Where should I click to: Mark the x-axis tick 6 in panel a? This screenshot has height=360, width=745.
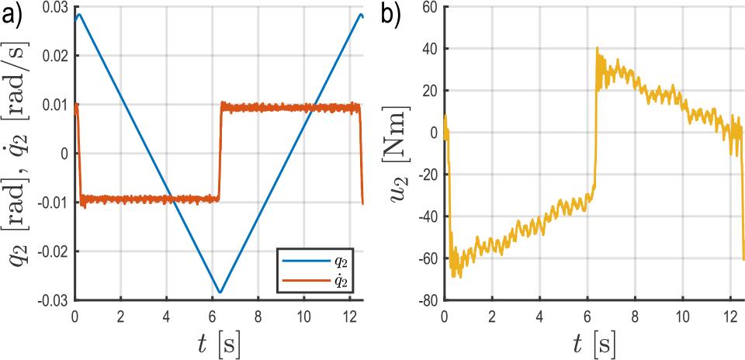point(213,317)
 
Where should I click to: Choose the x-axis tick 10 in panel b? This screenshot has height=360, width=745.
point(682,317)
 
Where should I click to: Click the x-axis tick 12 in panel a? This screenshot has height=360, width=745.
point(350,317)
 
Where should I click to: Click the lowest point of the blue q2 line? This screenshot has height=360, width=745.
point(220,292)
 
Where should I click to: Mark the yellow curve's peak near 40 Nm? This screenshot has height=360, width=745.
point(597,48)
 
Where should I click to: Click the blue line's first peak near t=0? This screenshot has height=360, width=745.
point(79,14)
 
